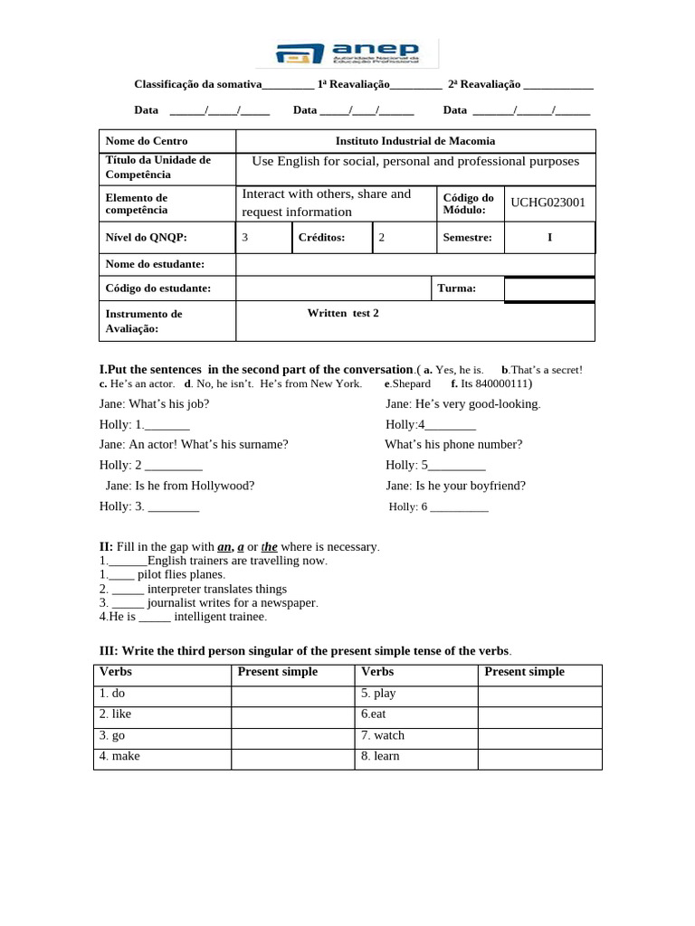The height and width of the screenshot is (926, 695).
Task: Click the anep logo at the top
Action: coord(347,53)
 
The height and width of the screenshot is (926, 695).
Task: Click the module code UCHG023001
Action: coord(547,203)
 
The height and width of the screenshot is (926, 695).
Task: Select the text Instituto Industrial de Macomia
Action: coord(415,141)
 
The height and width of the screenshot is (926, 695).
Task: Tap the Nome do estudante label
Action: coord(155,264)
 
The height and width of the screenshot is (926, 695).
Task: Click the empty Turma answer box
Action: coord(549,288)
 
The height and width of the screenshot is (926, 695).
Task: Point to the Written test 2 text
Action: coord(343,313)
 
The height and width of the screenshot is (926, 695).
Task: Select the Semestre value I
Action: coord(549,238)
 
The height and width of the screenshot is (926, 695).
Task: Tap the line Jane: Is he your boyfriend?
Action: coord(455,486)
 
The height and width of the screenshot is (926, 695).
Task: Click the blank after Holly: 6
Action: coord(459,507)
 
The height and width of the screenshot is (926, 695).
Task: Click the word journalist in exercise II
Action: coord(176,602)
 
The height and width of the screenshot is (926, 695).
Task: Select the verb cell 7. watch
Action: coord(383,735)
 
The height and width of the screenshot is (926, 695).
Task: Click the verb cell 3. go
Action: coord(113,735)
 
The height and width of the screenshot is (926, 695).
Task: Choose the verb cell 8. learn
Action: coord(381,756)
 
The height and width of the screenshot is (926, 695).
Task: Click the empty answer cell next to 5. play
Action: coord(539,694)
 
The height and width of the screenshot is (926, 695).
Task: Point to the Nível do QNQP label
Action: coord(147,238)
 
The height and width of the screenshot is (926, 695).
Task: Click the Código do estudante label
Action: coord(158,288)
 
